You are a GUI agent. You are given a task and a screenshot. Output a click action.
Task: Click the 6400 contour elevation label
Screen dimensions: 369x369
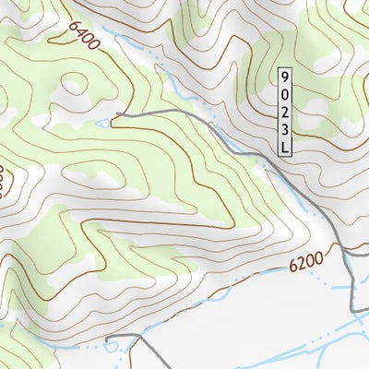[x=82, y=36]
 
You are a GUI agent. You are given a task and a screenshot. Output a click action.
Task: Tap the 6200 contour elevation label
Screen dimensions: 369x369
[x=305, y=264]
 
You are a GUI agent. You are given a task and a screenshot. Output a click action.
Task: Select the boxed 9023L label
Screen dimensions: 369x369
[x=285, y=111]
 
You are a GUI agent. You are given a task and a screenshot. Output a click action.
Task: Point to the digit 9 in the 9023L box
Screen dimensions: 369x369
[x=285, y=77]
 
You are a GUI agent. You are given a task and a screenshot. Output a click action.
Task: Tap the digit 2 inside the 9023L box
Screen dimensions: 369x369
[x=285, y=111]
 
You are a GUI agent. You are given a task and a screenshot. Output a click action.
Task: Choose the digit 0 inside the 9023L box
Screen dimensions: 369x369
[x=285, y=93]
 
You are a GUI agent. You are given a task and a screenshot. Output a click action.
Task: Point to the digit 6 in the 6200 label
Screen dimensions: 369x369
[x=292, y=268]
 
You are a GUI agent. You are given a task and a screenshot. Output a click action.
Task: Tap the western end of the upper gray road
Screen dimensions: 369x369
[x=116, y=115]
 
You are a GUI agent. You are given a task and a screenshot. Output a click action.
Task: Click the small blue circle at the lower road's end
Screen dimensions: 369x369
[x=112, y=346]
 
